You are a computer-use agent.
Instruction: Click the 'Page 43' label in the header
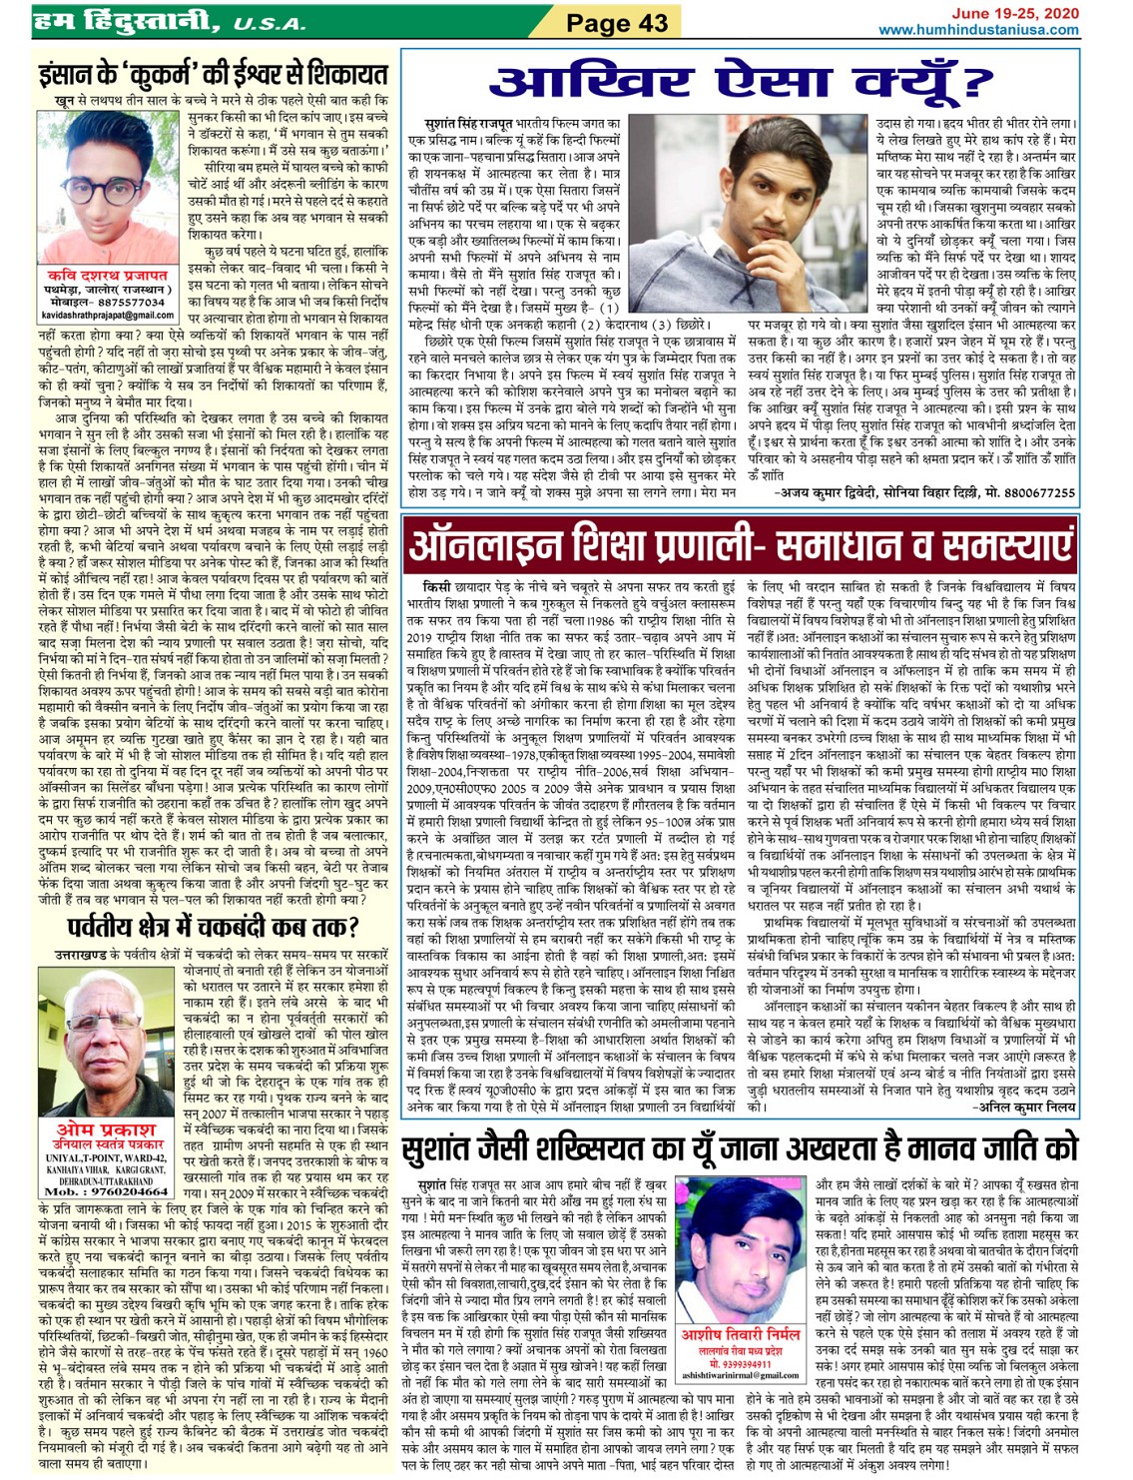coord(617,22)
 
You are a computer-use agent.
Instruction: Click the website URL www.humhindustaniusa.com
coord(977,30)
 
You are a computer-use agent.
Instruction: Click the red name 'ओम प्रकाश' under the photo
coord(106,1129)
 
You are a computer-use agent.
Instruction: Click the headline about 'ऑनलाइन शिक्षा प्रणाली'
coord(742,545)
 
